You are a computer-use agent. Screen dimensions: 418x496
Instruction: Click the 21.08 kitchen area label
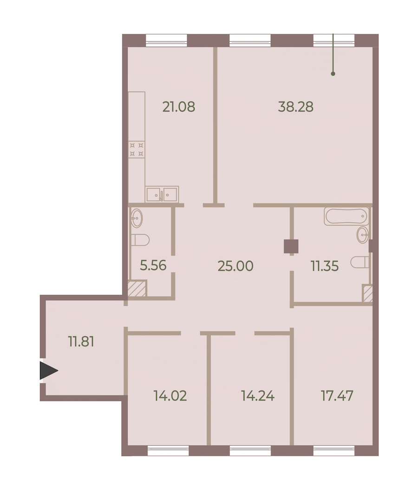tap(179, 107)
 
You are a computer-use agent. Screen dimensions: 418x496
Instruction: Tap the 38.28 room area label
tap(296, 107)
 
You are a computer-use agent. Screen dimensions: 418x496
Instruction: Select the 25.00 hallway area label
tap(235, 266)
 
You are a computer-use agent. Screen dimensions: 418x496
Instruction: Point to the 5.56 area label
tap(153, 265)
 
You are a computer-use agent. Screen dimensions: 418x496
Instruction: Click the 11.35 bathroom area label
tap(325, 266)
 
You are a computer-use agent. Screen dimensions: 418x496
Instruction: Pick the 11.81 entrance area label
tap(81, 341)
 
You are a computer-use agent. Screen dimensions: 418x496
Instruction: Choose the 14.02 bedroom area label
tap(170, 396)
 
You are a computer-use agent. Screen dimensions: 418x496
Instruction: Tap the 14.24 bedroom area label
tap(258, 396)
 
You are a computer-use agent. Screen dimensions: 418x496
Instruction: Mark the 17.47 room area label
tap(337, 396)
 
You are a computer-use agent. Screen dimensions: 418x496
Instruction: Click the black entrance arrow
tap(48, 370)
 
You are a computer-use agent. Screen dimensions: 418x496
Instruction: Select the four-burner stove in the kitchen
tap(137, 149)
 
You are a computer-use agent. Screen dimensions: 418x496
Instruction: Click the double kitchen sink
tap(162, 194)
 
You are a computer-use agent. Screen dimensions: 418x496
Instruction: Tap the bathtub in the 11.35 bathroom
tap(347, 216)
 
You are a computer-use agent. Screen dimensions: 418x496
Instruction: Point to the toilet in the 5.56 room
tap(140, 240)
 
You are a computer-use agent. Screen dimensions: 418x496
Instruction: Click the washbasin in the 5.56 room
tap(137, 218)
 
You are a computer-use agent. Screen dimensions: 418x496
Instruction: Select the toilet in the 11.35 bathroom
tap(360, 262)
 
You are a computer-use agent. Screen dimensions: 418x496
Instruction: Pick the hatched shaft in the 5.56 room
tap(137, 289)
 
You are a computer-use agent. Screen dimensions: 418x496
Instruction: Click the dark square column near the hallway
tap(291, 246)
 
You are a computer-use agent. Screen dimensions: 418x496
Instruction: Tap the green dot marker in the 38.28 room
tap(333, 74)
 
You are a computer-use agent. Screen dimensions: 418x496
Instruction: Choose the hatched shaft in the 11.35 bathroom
tap(367, 294)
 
